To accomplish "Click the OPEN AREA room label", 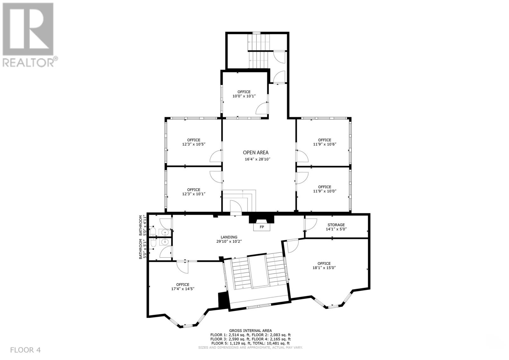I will [x=255, y=152].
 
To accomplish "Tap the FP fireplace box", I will [x=262, y=227].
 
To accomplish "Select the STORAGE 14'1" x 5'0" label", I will [x=336, y=227].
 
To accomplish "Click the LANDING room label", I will [x=229, y=237].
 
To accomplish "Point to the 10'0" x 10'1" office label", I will [x=244, y=94].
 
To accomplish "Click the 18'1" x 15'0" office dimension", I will [x=324, y=268].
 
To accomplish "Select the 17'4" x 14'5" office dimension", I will [x=183, y=289].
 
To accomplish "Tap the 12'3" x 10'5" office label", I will [x=194, y=142].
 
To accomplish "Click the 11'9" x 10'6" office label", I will [x=324, y=142].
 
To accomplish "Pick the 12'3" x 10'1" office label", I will [x=194, y=192].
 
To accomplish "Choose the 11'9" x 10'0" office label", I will [x=324, y=189].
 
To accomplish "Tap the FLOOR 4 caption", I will [x=25, y=350].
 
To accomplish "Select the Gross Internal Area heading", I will [x=250, y=331].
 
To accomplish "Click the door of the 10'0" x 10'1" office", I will [x=262, y=108].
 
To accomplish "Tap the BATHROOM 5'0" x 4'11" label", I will [x=142, y=225].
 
